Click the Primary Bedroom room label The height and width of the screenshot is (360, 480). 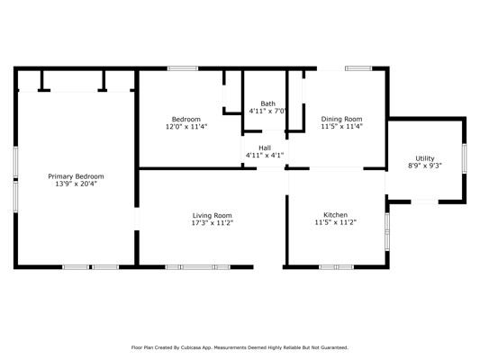tap(76, 176)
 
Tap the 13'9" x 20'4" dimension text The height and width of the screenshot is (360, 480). tap(76, 184)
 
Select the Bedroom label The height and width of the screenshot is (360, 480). tap(186, 120)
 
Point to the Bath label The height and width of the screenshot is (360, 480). tap(267, 103)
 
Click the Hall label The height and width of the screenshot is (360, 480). tap(265, 148)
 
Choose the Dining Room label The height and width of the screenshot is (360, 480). tap(341, 119)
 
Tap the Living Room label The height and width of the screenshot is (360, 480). tap(213, 216)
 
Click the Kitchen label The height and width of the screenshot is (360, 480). tap(336, 215)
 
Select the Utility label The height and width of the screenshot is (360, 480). tap(425, 158)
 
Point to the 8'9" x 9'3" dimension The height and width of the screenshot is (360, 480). tap(425, 166)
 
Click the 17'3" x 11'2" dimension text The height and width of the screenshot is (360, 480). tap(213, 223)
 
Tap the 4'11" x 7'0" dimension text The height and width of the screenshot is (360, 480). tap(267, 111)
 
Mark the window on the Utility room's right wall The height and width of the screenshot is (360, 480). tap(465, 158)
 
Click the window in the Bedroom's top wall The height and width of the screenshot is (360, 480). tap(183, 68)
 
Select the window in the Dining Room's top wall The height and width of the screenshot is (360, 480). tap(358, 68)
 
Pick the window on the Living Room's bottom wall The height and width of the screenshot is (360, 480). tap(198, 267)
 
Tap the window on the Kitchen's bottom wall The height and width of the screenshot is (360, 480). tap(337, 267)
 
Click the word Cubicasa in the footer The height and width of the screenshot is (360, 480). tap(189, 347)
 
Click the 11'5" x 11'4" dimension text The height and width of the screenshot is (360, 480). tap(341, 126)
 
